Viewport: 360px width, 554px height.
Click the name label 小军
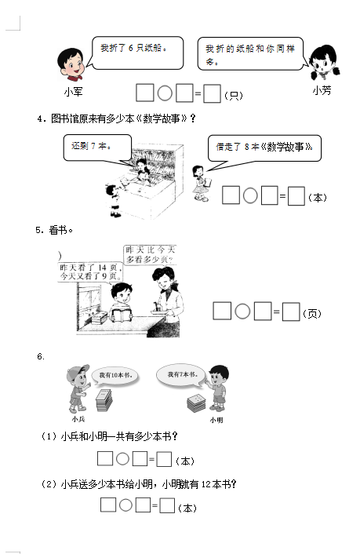tap(74, 92)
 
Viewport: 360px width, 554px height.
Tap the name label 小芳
tap(322, 91)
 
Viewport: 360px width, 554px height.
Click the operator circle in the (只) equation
tap(165, 93)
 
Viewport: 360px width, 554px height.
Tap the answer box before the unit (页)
tap(291, 312)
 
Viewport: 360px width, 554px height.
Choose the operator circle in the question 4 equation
tap(250, 195)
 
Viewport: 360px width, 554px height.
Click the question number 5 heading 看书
tap(54, 231)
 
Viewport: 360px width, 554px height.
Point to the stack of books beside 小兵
tap(104, 400)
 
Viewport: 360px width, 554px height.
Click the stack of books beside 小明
tap(196, 404)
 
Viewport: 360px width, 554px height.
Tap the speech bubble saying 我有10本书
tap(114, 376)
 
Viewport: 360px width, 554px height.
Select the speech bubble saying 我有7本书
tap(182, 375)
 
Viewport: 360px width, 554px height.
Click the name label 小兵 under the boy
tap(78, 419)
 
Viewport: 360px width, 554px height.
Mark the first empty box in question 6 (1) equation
tap(105, 458)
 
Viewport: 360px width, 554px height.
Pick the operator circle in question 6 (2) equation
tap(125, 505)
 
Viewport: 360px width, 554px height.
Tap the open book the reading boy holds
tap(122, 315)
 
